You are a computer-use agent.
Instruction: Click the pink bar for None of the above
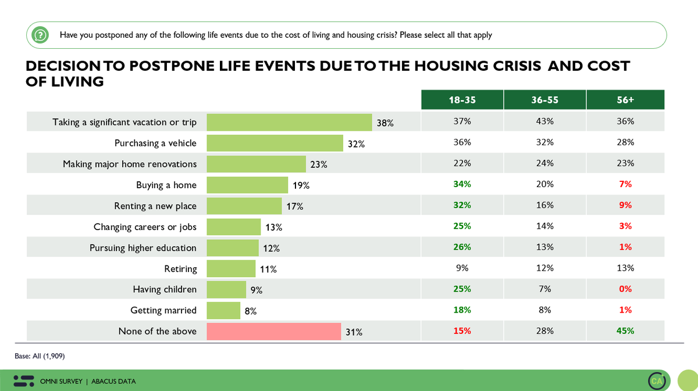273,331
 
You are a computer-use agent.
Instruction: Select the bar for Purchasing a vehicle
275,143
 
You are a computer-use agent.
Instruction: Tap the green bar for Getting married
223,310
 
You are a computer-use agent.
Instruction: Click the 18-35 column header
462,99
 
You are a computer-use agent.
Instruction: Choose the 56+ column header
625,99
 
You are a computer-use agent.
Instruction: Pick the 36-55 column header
544,99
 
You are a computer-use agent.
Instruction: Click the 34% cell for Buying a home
462,184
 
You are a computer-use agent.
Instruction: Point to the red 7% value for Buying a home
625,184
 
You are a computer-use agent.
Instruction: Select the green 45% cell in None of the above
625,331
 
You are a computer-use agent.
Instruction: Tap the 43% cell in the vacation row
544,121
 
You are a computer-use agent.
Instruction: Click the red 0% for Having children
625,289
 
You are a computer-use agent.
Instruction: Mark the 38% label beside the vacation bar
385,123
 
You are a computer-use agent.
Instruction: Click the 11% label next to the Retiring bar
268,269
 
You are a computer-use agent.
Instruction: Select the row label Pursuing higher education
143,248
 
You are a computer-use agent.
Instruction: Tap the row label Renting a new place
155,206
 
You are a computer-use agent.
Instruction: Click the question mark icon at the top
40,35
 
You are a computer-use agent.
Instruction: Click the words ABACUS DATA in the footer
113,381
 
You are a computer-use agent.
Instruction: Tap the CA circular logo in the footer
657,381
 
